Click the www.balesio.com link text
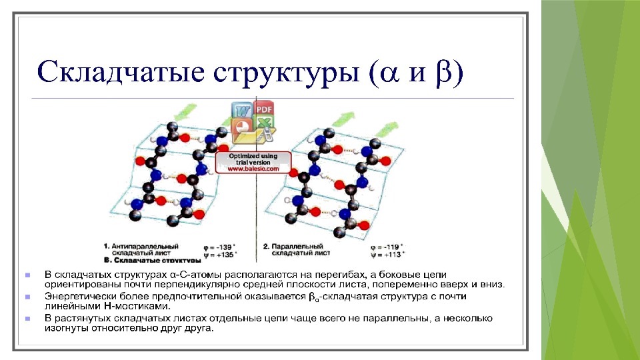tap(254, 169)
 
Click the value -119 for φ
tap(389, 246)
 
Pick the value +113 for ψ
tap(389, 253)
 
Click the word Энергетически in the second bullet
tap(77, 296)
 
